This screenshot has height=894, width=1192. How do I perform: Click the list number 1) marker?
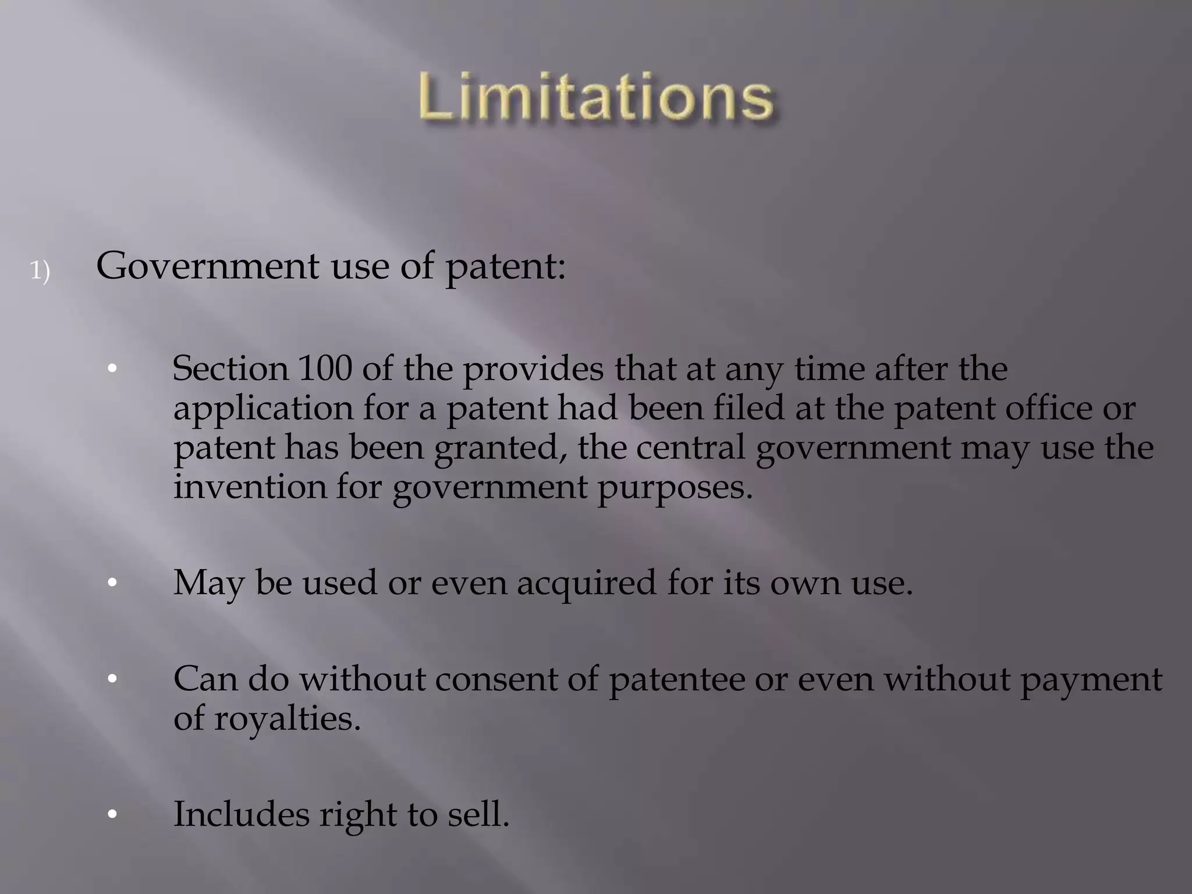pos(40,271)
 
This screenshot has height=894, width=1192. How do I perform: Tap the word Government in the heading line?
pos(207,267)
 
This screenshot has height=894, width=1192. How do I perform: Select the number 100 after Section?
pos(325,368)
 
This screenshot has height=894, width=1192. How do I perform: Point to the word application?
pos(263,409)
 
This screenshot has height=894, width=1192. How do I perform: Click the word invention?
pos(250,487)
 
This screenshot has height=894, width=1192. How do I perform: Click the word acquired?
pos(586,583)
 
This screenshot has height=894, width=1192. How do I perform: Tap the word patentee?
pos(677,680)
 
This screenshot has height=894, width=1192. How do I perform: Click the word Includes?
pos(241,814)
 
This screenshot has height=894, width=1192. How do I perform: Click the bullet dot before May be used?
pos(112,583)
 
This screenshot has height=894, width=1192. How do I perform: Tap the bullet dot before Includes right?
pos(112,814)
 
